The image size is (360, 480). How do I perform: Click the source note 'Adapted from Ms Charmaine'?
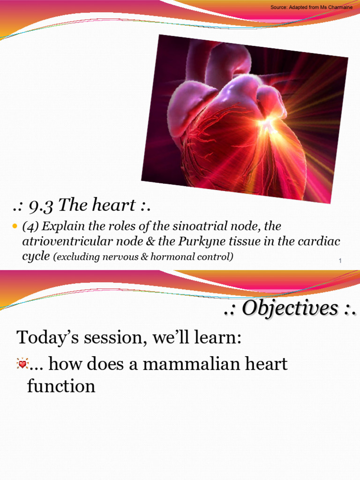312,7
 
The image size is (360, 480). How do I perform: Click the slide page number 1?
339,261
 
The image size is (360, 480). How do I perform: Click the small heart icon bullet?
22,364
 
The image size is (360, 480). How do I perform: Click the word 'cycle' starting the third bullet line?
36,257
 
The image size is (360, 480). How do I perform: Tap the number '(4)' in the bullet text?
31,226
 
